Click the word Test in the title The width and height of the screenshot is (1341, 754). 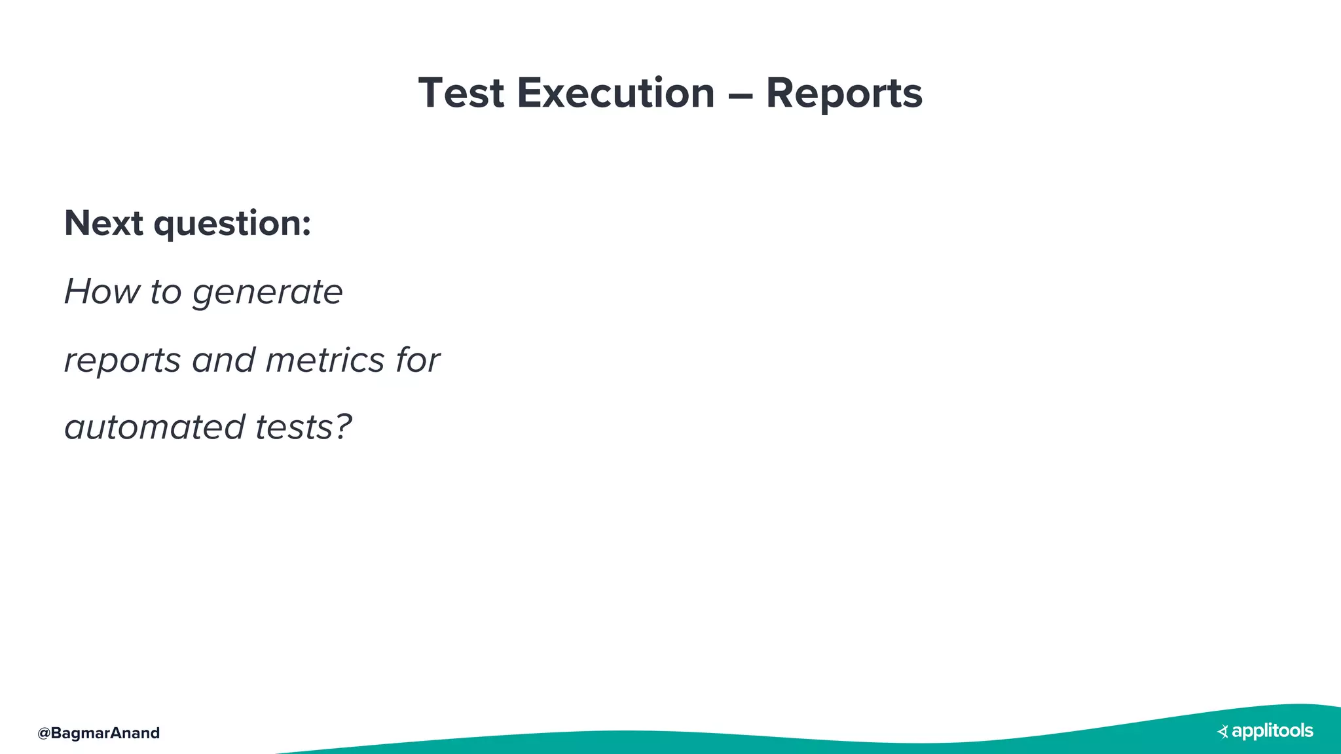461,93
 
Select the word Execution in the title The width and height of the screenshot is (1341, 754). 615,93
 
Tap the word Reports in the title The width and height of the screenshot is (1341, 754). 844,94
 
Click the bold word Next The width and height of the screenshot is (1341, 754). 103,223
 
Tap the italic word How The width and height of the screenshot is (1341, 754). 101,291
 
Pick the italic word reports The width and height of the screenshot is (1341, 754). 122,361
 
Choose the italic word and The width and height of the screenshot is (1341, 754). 223,360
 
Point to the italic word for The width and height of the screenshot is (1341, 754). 418,360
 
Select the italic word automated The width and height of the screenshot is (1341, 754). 155,427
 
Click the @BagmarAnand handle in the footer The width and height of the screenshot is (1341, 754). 98,733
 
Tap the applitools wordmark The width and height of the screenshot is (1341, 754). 1272,731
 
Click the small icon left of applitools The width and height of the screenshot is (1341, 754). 1222,732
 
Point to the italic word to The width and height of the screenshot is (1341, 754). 166,292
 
